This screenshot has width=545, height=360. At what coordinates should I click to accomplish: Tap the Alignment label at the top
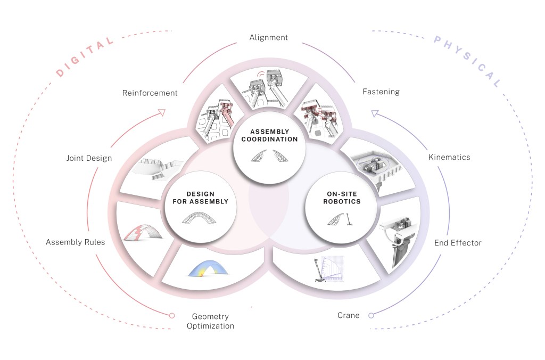click(x=269, y=38)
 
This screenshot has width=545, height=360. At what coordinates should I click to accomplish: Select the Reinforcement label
click(x=150, y=93)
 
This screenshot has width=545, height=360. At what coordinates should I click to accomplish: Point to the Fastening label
click(x=381, y=92)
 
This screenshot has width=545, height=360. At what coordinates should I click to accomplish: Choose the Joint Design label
click(x=89, y=158)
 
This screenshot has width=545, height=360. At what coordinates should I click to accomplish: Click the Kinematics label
click(x=449, y=157)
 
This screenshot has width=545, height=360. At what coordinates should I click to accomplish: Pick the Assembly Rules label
click(x=75, y=242)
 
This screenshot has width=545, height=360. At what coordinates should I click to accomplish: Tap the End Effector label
click(x=458, y=243)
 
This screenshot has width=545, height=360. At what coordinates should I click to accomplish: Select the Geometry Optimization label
click(x=210, y=321)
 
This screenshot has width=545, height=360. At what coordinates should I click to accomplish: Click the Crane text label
click(x=349, y=315)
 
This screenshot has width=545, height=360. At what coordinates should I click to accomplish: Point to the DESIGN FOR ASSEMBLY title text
click(x=200, y=198)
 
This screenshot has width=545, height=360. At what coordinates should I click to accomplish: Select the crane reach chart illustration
click(x=328, y=269)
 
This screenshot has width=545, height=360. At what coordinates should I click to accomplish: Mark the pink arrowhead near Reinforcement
click(x=162, y=112)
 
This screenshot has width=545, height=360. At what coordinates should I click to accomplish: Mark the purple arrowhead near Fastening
click(x=375, y=113)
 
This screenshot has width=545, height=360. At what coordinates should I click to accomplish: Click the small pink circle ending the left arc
click(x=172, y=315)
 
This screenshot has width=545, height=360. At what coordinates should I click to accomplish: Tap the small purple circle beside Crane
click(x=371, y=315)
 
